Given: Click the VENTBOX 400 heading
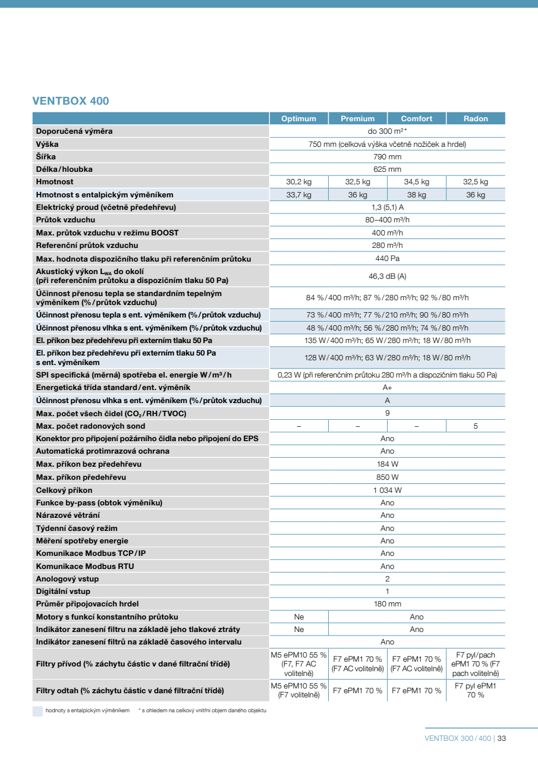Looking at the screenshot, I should (x=71, y=101).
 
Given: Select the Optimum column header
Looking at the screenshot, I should (x=298, y=118).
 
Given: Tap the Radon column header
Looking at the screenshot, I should (x=476, y=118).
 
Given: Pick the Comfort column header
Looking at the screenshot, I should (x=417, y=118).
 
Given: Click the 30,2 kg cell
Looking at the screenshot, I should (x=298, y=182).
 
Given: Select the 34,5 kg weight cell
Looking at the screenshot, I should (x=417, y=182).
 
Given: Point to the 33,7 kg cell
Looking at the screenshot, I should (x=298, y=195).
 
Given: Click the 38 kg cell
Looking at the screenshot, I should (x=417, y=195).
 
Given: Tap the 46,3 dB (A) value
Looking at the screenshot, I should (x=387, y=276).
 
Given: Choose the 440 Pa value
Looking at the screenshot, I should (x=387, y=259).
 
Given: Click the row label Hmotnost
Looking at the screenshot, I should (x=55, y=182).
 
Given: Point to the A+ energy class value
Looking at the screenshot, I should (x=387, y=387).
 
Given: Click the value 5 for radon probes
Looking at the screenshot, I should (x=476, y=426).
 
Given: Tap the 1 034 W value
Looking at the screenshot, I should (x=387, y=490).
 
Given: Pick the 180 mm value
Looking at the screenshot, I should (x=387, y=604).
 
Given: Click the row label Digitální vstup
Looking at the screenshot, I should (x=63, y=592).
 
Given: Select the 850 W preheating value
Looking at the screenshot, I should (x=387, y=477).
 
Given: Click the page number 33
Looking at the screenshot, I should (x=502, y=738).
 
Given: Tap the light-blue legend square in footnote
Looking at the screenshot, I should (x=37, y=711).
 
